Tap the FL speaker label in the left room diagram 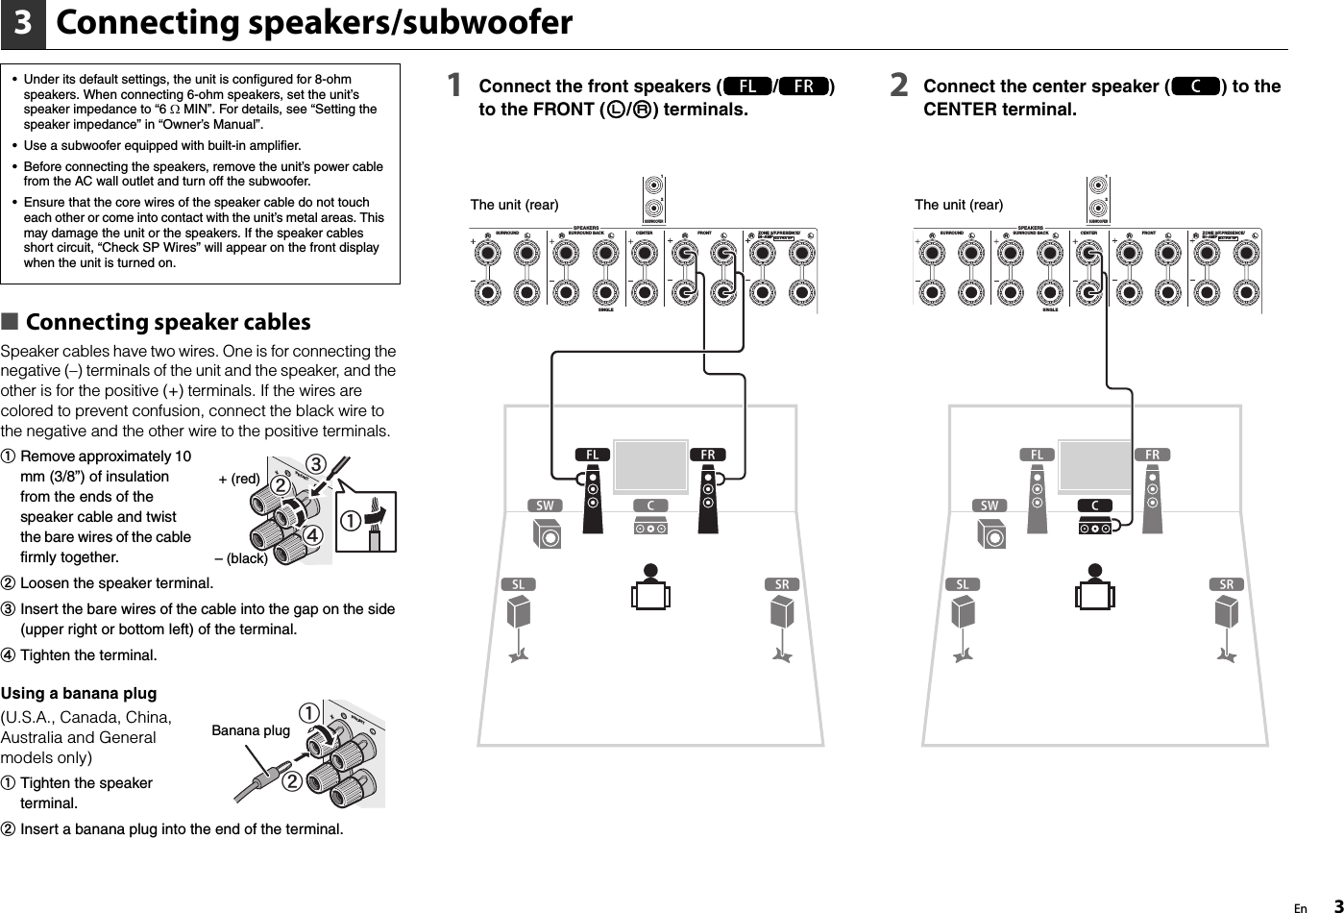click(593, 455)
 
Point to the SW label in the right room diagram click(990, 506)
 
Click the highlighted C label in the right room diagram click(1095, 506)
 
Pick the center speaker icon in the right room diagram click(1095, 527)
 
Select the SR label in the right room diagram click(1227, 584)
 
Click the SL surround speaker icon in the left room click(519, 615)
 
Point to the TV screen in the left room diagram click(650, 466)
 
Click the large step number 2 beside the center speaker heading click(898, 86)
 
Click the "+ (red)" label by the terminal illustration click(239, 479)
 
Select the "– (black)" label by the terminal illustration click(240, 558)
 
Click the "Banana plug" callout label click(250, 730)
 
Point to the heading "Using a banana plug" click(79, 693)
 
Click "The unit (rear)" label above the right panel click(958, 204)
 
